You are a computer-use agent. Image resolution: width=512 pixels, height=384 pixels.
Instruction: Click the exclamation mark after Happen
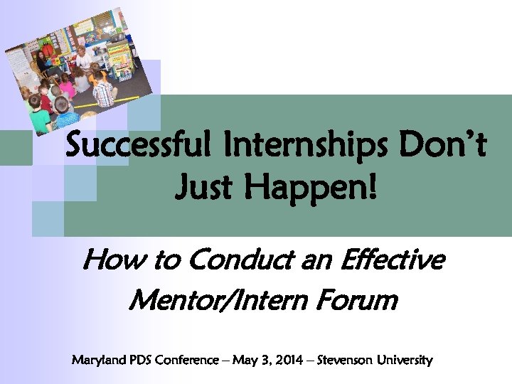[x=372, y=189]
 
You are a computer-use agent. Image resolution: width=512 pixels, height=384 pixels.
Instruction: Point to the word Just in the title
[x=204, y=189]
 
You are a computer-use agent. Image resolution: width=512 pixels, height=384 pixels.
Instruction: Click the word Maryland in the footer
[x=97, y=361]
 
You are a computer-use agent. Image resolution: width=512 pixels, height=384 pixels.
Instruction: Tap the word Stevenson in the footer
[x=349, y=361]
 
